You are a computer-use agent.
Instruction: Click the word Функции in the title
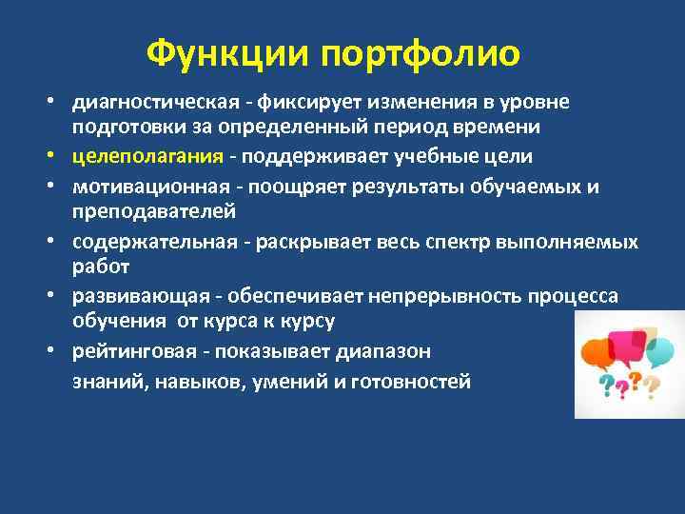228,54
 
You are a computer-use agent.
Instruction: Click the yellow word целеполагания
147,155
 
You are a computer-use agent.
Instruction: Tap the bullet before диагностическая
58,103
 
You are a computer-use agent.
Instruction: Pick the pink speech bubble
628,343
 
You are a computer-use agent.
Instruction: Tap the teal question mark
605,384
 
